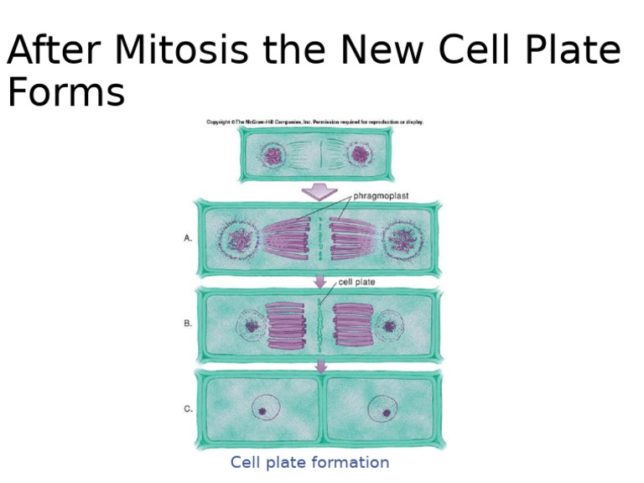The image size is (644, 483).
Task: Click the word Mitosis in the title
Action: pos(180,52)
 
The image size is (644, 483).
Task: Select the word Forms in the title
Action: pos(65,92)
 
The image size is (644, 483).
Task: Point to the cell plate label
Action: pos(356,283)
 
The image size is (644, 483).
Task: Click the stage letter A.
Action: pos(188,238)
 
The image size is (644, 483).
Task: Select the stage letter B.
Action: pos(188,323)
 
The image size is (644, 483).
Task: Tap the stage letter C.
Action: pos(188,409)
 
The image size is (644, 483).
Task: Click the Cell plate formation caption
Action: pos(309,463)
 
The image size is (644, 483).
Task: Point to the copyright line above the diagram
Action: pos(315,122)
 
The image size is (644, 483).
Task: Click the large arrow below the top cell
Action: pos(319,191)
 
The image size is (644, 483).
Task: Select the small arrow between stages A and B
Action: pos(319,282)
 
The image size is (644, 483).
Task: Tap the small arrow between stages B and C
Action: pos(319,365)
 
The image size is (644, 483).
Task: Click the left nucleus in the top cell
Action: pos(272,155)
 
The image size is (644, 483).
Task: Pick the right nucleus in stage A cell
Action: pos(400,239)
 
